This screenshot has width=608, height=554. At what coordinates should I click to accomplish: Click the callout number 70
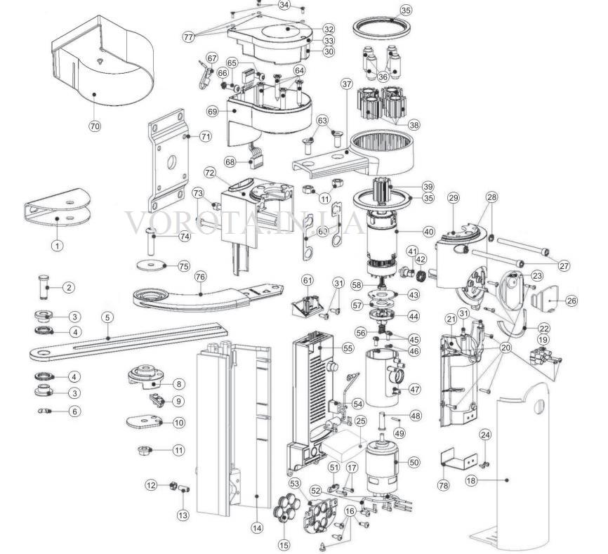pos(95,126)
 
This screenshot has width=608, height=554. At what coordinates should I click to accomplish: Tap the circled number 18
pos(471,481)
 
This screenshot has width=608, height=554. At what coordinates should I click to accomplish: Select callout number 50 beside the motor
pos(414,462)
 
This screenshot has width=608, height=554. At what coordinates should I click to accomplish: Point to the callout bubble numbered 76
pos(201,277)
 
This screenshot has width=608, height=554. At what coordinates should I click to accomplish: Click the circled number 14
pos(257,527)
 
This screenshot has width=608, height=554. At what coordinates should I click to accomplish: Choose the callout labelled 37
pos(346,84)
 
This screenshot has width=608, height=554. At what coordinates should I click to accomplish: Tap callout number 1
pos(58,246)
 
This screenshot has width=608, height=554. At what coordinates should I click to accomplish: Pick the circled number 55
pos(348,348)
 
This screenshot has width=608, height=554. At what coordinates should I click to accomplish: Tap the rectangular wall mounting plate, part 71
pos(169,161)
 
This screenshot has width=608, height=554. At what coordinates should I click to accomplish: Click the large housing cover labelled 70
pos(102,62)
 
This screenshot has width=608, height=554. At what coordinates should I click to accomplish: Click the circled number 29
pos(454,198)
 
